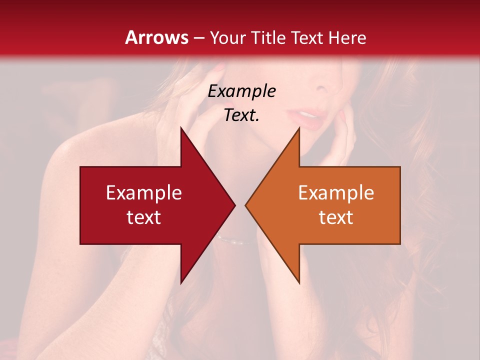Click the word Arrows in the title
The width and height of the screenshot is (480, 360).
click(x=157, y=37)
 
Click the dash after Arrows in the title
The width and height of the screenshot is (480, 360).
click(x=199, y=38)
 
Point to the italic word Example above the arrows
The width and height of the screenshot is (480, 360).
click(x=241, y=91)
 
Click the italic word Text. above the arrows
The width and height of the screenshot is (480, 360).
click(x=241, y=115)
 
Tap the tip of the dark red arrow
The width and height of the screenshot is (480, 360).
click(x=234, y=205)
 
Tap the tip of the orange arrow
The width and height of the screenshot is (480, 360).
click(x=245, y=205)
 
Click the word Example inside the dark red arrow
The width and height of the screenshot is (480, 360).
click(x=144, y=193)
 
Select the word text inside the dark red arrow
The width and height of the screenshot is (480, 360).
click(x=144, y=217)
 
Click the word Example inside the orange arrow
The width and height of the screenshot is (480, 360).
click(x=336, y=193)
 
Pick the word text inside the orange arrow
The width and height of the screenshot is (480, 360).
click(x=336, y=217)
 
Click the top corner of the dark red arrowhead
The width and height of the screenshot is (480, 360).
click(x=180, y=127)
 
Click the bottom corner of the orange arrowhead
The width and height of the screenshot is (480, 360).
click(x=299, y=283)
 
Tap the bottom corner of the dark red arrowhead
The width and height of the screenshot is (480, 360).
click(x=180, y=283)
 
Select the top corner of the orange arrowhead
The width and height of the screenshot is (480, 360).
click(x=299, y=127)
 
